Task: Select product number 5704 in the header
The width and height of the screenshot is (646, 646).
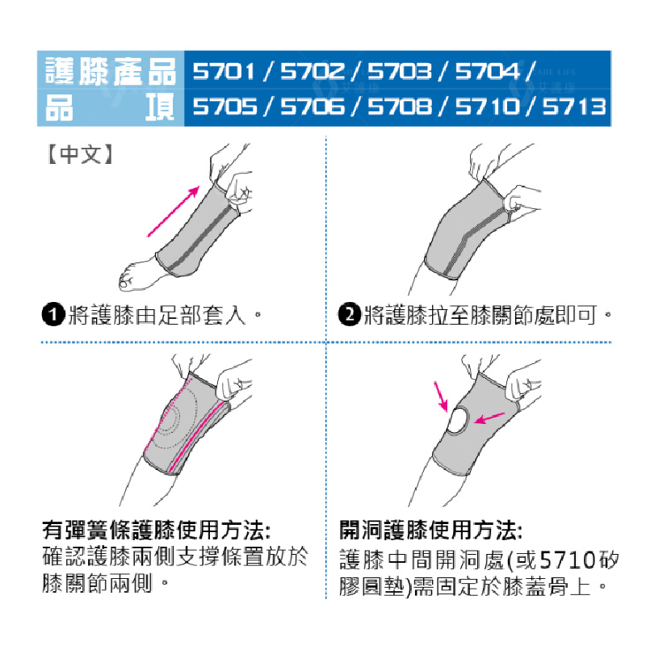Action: (487, 71)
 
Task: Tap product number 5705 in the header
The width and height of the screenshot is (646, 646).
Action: (225, 107)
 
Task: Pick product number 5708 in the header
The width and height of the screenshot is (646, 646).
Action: (400, 107)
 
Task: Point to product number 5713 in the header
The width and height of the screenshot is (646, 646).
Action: (574, 107)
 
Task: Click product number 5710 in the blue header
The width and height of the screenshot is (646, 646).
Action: (487, 107)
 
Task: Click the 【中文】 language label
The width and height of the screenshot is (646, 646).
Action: (80, 154)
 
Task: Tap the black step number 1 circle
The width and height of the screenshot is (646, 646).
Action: (53, 315)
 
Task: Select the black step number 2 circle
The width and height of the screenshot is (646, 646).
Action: (350, 315)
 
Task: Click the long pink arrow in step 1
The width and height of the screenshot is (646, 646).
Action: (173, 212)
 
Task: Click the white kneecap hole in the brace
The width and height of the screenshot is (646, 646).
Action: (458, 420)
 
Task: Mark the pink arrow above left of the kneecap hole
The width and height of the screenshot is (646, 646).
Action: (441, 397)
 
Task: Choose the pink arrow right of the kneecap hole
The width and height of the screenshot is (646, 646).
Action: (489, 418)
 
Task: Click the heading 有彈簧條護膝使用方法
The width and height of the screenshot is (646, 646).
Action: (157, 531)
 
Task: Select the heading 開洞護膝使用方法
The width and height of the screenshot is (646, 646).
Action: (431, 531)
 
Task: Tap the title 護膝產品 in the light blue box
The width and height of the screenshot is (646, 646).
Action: (111, 71)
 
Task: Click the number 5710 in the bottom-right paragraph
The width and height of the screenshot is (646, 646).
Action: (568, 560)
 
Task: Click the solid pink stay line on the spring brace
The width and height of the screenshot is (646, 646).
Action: (195, 437)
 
